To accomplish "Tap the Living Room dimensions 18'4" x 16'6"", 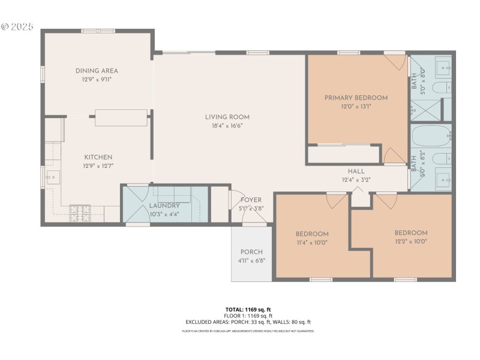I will tap(227, 126).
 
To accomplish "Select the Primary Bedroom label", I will tap(356, 97).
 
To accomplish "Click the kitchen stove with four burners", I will tap(79, 211).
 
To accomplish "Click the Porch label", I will tap(251, 251).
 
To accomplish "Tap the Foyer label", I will tap(251, 200).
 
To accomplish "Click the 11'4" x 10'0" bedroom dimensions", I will tap(312, 242).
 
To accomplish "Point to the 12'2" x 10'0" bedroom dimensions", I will tap(411, 242).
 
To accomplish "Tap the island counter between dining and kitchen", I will tap(121, 118).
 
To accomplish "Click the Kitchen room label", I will tap(98, 157).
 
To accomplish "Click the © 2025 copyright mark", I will tap(17, 27).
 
